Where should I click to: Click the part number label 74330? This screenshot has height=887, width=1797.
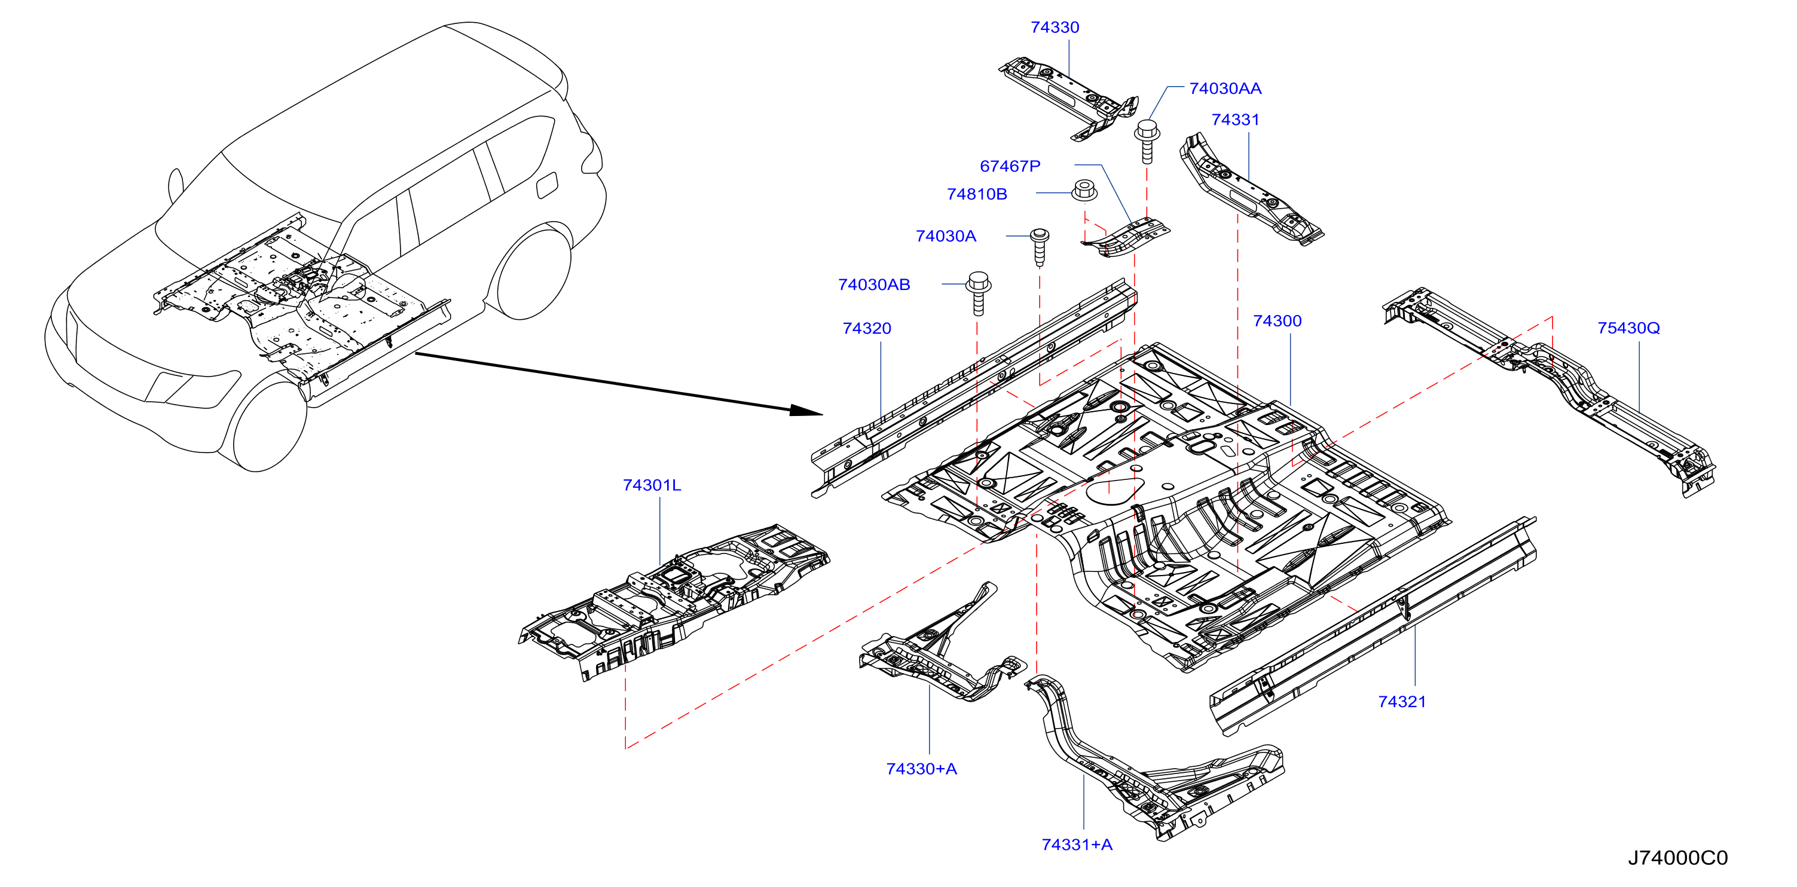(1054, 27)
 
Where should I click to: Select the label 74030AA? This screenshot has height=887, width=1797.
(1224, 88)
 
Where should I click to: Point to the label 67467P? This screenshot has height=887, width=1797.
(1010, 166)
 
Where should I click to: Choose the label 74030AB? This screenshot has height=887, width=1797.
(873, 285)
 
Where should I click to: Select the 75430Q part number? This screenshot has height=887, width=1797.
(1628, 328)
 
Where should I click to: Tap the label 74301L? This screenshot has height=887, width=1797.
(651, 485)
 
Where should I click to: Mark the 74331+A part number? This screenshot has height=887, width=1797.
(1077, 845)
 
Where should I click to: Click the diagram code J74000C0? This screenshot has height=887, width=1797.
(1677, 858)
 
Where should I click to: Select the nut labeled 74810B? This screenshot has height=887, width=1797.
(1083, 189)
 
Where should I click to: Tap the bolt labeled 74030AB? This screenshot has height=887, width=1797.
(978, 293)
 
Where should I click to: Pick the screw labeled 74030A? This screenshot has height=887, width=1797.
(1040, 247)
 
